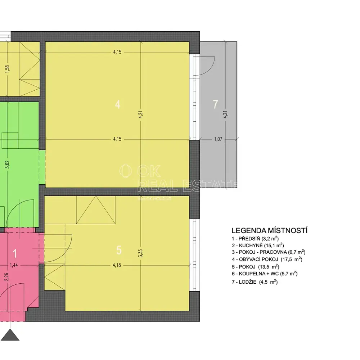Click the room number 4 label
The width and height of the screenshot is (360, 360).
pos(118,104)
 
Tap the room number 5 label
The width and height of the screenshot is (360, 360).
pos(119,250)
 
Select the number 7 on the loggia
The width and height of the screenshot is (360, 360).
pos(215,104)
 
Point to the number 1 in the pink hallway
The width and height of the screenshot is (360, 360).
pos(15,253)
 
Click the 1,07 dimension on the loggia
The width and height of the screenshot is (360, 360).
pos(218,139)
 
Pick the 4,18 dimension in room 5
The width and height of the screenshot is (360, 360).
pos(117,265)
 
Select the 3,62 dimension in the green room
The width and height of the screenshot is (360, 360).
pos(7,165)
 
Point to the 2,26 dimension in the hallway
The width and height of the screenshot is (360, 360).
pos(6,277)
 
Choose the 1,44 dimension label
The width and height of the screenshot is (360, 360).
pos(14,265)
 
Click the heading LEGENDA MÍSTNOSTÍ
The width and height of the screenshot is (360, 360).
pos(269,230)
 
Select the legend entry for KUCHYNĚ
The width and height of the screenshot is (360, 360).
pos(258,246)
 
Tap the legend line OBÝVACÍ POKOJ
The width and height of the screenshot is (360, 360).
pos(267,260)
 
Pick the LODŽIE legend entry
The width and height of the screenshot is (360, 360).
pos(255,282)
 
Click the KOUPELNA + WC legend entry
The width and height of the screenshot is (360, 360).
pos(265,274)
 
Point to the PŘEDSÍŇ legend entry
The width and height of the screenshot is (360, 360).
pos(255,239)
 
